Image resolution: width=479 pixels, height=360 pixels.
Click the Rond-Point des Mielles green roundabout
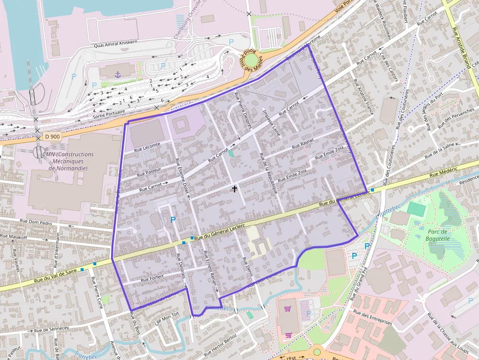(251, 60)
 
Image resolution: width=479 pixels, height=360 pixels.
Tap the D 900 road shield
(52, 137)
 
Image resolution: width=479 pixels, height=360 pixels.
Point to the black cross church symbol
(234, 188)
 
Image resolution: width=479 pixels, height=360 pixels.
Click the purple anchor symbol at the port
(117, 74)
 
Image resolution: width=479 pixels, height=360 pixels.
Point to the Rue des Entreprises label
(372, 318)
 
